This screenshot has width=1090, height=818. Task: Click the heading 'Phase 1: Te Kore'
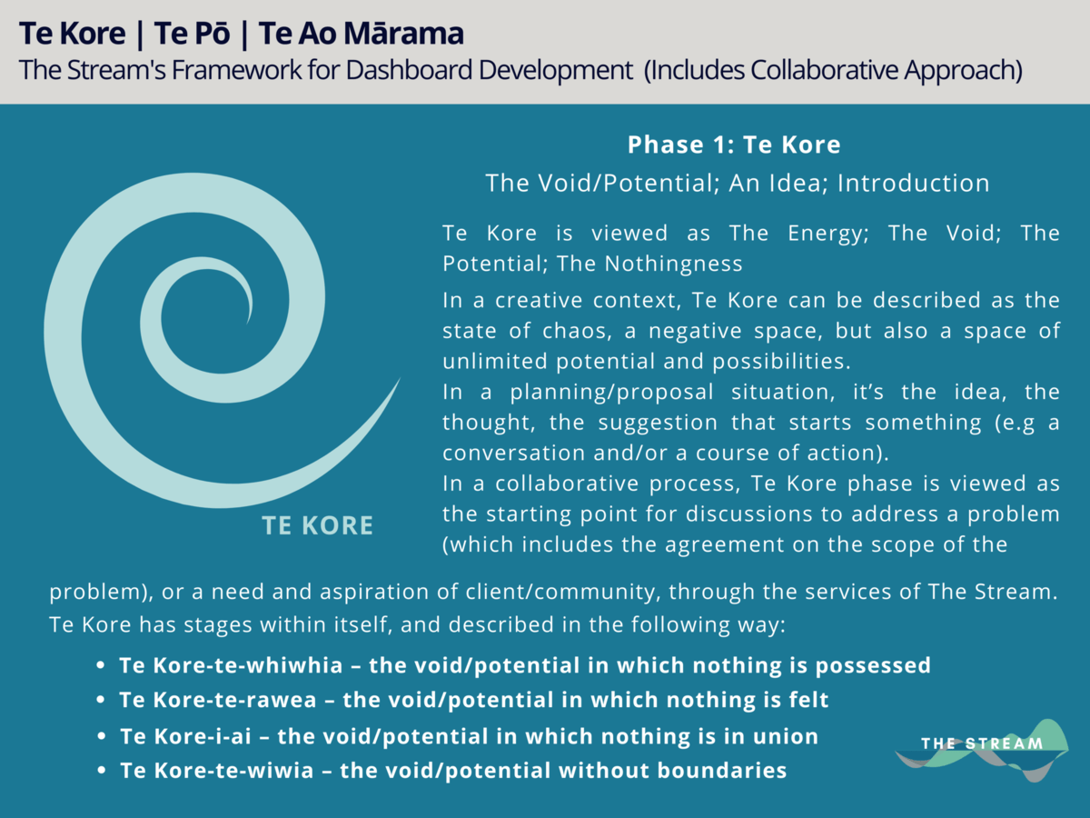(x=734, y=145)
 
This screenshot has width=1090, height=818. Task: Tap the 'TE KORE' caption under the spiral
(x=317, y=525)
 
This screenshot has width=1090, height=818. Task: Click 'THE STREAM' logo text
(x=982, y=743)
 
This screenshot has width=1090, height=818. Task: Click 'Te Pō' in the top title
(x=193, y=34)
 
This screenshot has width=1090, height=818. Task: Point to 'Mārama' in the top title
(x=403, y=34)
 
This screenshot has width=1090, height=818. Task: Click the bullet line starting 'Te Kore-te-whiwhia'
(x=525, y=665)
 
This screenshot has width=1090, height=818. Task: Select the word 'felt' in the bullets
(x=809, y=699)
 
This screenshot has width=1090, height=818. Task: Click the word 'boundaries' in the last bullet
(x=722, y=771)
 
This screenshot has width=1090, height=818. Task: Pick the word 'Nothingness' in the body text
(x=673, y=264)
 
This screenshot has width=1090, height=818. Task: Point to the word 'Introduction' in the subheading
(x=914, y=183)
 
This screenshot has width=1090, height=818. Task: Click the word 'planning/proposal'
(x=612, y=393)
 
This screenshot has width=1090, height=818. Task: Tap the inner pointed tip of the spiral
(x=248, y=324)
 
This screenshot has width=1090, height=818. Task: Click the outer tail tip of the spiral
(x=401, y=378)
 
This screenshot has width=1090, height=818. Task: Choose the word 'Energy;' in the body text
(x=828, y=234)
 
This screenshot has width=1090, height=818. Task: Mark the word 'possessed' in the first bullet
(x=873, y=666)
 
